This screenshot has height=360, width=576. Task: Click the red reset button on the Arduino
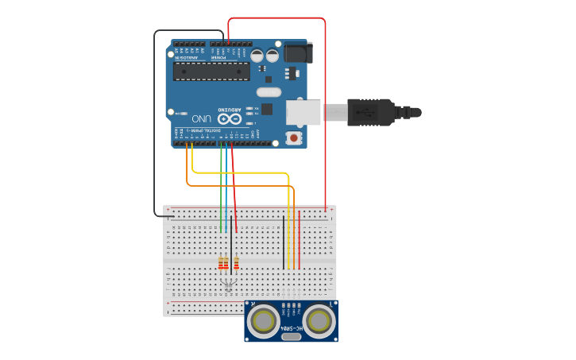295,138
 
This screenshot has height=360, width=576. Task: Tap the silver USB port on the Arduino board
303,112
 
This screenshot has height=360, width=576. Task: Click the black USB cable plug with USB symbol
369,112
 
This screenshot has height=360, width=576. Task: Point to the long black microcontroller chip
211,72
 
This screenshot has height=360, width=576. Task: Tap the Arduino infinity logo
229,118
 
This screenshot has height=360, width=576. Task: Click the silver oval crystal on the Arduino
269,91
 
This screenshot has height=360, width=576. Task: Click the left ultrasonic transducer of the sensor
262,321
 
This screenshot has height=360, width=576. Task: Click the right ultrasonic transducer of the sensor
319,321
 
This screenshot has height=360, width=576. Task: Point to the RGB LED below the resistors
229,282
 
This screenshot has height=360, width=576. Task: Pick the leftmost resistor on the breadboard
221,262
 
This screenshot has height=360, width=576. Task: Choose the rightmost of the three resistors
236,262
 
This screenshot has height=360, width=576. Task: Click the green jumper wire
221,191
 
